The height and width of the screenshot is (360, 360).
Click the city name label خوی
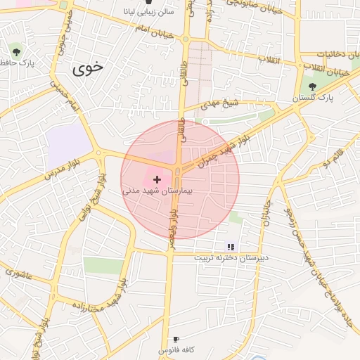click(88, 68)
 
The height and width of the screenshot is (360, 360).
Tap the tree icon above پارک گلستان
click(312, 86)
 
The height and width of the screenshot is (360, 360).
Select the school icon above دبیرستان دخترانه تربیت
click(230, 247)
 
